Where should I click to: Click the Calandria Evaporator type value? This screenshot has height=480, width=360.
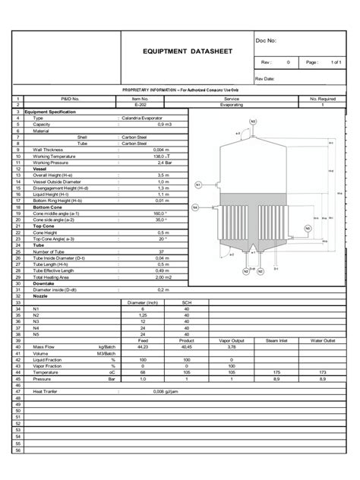click(142, 119)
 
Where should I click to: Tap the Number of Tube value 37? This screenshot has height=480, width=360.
click(161, 251)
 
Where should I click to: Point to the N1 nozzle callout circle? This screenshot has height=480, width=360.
click(199, 184)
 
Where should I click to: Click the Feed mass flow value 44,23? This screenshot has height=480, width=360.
click(142, 327)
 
